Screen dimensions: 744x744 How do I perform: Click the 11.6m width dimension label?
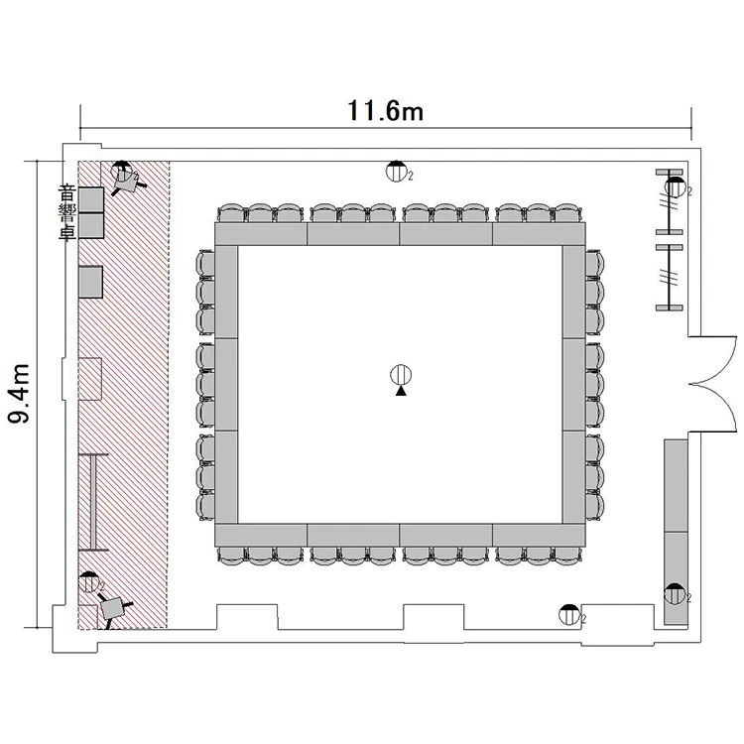click(x=385, y=111)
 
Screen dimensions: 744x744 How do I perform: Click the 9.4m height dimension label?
click(x=19, y=394)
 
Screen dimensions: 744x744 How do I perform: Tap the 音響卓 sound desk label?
click(x=66, y=213)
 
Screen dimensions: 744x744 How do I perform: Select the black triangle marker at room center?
click(x=401, y=391)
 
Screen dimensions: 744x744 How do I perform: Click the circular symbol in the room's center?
click(x=401, y=375)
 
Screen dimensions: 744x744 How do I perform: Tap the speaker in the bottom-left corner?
click(x=112, y=608)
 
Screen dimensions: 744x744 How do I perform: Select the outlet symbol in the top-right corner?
click(x=675, y=186)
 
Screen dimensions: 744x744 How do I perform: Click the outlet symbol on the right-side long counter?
click(x=675, y=593)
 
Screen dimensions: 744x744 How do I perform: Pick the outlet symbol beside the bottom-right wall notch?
click(x=569, y=614)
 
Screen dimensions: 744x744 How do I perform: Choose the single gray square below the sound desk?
click(x=90, y=282)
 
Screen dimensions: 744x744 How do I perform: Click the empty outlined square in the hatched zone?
click(x=90, y=379)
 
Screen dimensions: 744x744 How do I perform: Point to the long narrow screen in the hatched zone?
click(x=93, y=502)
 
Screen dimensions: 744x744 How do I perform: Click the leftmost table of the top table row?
click(x=261, y=233)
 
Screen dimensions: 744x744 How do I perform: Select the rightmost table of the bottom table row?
click(x=539, y=535)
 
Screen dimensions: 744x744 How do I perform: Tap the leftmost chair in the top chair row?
click(x=231, y=213)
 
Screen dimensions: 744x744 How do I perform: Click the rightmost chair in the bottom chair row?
click(x=568, y=556)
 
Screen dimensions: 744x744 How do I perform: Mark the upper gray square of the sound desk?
click(x=91, y=199)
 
